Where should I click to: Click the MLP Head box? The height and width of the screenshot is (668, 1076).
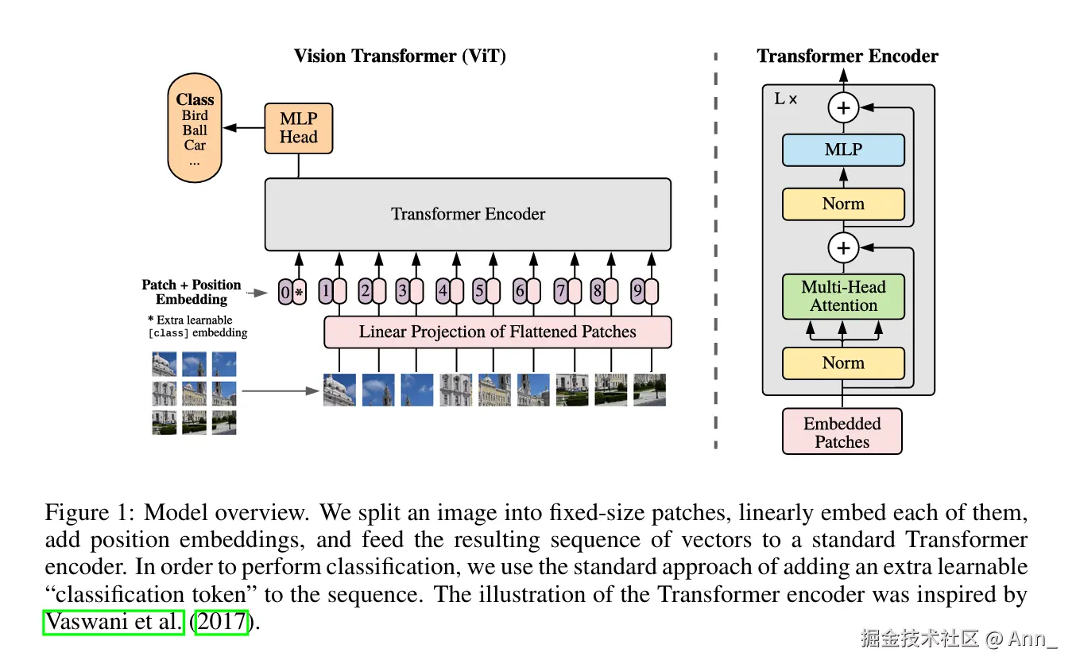coord(298,128)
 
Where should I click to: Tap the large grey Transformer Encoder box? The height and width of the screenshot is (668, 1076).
coord(467,214)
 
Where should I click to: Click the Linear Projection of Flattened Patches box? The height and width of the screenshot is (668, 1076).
coord(497,332)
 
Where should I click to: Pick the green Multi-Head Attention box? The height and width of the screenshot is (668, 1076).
coord(843,297)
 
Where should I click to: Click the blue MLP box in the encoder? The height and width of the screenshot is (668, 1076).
coord(843,150)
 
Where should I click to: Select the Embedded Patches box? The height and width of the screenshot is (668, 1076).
coord(842,432)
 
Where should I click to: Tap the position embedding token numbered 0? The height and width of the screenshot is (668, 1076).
coord(285,292)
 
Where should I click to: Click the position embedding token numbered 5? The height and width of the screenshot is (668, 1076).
coord(479,291)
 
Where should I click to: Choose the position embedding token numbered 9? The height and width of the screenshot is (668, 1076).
coord(637,291)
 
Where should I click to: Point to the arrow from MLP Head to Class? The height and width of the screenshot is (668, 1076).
coord(243,128)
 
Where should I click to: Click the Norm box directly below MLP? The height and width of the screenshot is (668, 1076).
coord(843,204)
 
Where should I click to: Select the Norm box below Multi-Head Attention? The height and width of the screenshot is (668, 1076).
coord(843,363)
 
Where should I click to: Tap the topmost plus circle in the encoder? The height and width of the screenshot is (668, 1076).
coord(843,107)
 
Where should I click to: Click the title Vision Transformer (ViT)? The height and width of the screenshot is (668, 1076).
coord(400,56)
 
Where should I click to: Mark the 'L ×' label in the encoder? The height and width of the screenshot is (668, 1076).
coord(785,100)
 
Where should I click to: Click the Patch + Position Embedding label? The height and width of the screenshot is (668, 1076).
coord(192,292)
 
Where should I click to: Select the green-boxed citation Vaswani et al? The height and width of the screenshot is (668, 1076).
coord(114,621)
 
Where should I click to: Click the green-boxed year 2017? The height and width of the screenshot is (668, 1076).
coord(223,621)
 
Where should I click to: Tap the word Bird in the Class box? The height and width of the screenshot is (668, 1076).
coord(195,116)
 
